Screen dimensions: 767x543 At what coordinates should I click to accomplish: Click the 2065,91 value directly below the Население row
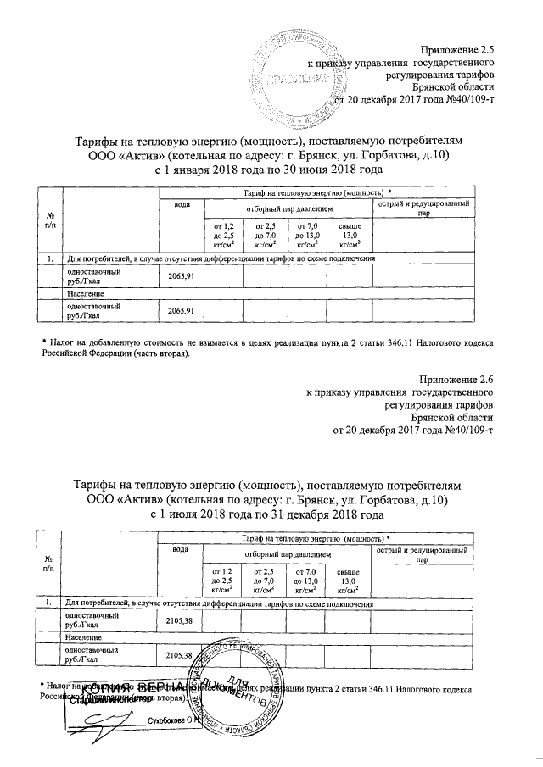(182, 311)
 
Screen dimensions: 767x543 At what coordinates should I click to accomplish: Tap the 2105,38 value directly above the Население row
(180, 620)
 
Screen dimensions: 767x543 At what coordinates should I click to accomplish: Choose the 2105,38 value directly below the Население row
(180, 655)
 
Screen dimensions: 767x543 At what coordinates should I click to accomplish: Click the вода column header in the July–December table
(180, 551)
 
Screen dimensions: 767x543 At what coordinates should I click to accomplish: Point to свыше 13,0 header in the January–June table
(350, 233)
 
